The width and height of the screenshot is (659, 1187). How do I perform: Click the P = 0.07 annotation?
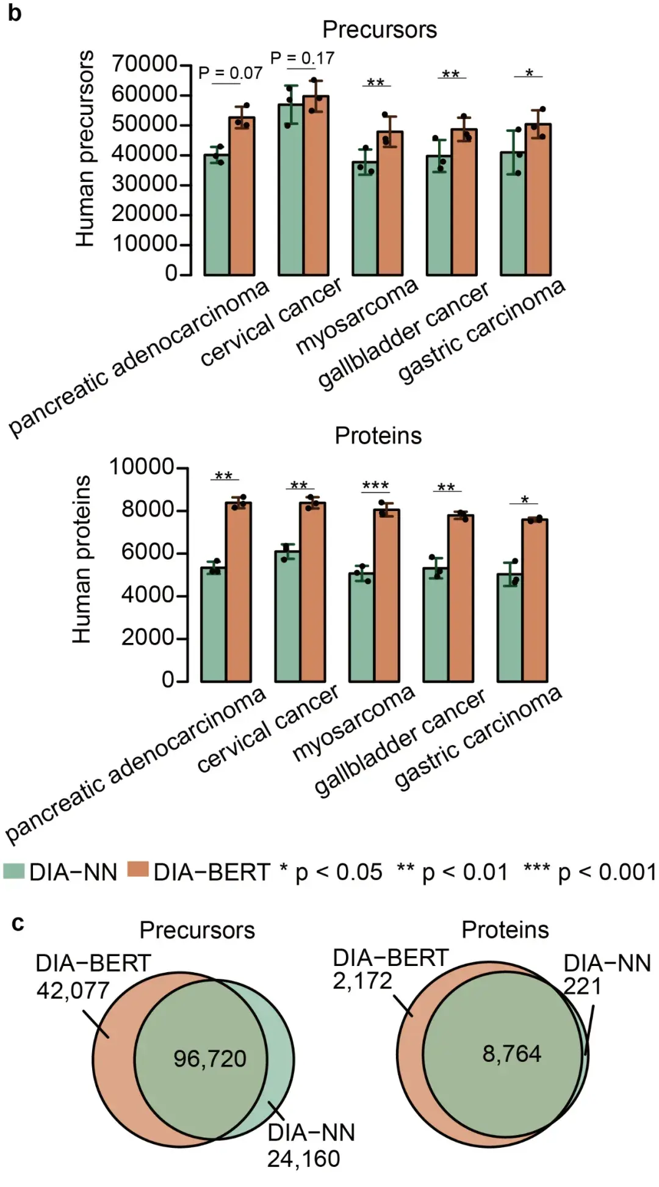click(230, 73)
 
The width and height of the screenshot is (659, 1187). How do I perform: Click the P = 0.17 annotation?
click(302, 59)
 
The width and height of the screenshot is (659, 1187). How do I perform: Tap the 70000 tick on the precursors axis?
click(144, 64)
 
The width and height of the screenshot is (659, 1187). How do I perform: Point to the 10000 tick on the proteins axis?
click(142, 467)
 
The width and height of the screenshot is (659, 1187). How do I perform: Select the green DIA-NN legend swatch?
click(13, 871)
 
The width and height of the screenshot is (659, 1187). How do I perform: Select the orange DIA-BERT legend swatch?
click(138, 869)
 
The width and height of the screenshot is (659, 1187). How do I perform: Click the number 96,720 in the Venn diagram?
click(209, 1058)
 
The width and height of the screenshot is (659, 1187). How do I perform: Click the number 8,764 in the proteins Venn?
click(511, 1053)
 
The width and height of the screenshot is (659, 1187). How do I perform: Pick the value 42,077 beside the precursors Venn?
click(73, 990)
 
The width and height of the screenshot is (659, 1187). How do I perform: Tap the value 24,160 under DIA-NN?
click(303, 1158)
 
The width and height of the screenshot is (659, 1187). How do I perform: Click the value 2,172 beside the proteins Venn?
click(362, 981)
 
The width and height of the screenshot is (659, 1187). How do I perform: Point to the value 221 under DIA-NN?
click(582, 986)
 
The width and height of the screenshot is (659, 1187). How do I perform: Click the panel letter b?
click(14, 13)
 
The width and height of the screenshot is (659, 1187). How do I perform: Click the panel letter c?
click(18, 923)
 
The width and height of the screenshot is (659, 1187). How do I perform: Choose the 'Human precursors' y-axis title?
click(85, 149)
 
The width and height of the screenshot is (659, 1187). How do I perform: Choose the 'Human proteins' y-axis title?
click(81, 559)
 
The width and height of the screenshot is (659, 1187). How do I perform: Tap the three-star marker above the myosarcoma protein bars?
click(375, 486)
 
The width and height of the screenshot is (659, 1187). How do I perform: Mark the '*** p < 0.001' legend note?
click(589, 872)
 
